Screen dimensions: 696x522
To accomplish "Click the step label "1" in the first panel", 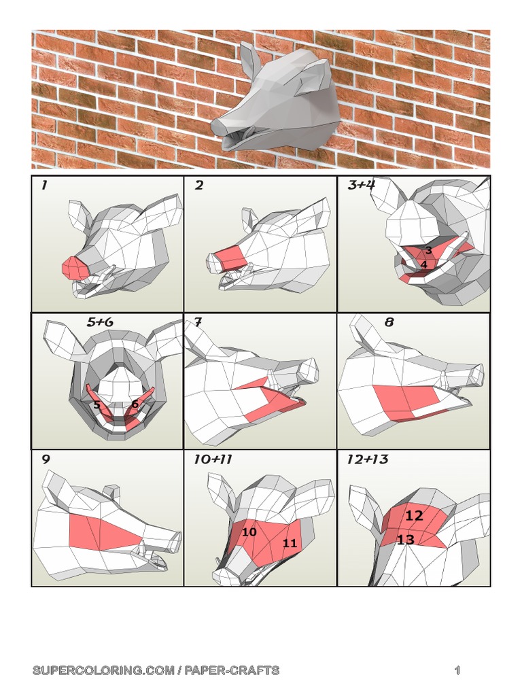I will click(43, 186).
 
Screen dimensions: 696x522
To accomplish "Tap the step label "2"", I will click(199, 186).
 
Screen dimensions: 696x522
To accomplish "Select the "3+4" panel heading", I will click(361, 185).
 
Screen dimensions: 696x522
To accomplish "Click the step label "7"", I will click(198, 322).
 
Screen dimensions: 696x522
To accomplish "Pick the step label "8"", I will click(389, 322).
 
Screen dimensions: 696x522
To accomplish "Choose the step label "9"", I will click(46, 459).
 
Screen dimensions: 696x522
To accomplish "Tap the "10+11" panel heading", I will click(213, 459).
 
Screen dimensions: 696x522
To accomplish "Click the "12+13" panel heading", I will click(367, 459).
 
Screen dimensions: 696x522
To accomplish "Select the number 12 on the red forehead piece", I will click(414, 516).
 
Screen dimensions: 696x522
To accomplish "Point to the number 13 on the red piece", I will click(405, 540).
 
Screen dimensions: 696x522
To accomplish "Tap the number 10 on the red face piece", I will click(249, 532).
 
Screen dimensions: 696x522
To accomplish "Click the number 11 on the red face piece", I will click(290, 543).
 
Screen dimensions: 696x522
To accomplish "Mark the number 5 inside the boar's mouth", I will click(97, 405).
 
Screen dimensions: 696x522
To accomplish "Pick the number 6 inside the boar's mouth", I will click(135, 404).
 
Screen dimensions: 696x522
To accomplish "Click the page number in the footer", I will click(457, 671).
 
